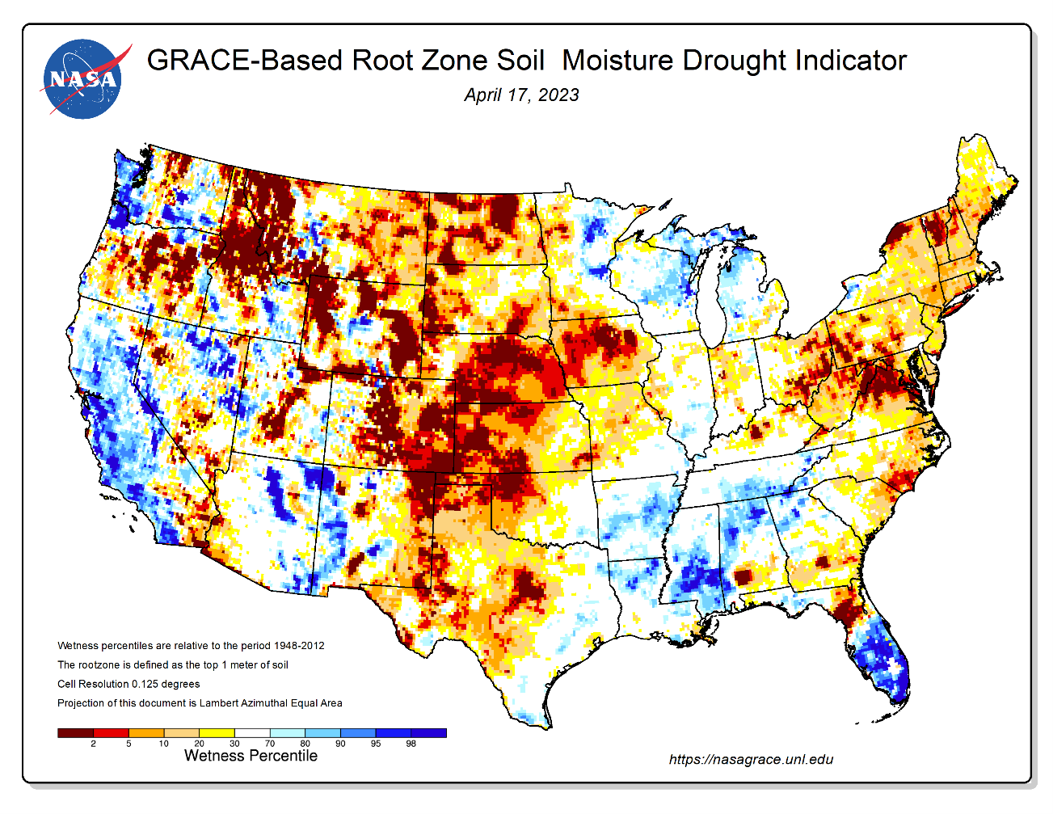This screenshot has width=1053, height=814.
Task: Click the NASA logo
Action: (x=82, y=79)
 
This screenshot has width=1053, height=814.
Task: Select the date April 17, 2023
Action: (x=521, y=95)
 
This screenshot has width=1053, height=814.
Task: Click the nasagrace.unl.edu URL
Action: (x=751, y=759)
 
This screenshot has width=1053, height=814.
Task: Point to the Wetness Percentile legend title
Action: (x=251, y=756)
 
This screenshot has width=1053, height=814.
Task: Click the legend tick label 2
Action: (x=94, y=744)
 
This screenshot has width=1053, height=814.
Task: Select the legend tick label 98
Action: (x=411, y=744)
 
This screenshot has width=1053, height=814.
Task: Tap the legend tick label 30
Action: (x=234, y=744)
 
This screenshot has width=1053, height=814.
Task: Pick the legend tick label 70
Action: (x=270, y=744)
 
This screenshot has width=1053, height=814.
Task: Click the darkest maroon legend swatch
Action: (x=75, y=733)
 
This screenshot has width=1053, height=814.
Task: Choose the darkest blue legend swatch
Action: (x=428, y=733)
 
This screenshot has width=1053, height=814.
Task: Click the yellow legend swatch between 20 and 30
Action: (x=217, y=733)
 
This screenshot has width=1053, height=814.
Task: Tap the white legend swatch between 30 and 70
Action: (x=252, y=733)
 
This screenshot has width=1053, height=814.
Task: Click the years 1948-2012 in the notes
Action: (x=299, y=646)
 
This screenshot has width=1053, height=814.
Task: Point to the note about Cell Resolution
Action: (x=128, y=684)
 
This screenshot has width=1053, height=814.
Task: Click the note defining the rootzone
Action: (x=173, y=665)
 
